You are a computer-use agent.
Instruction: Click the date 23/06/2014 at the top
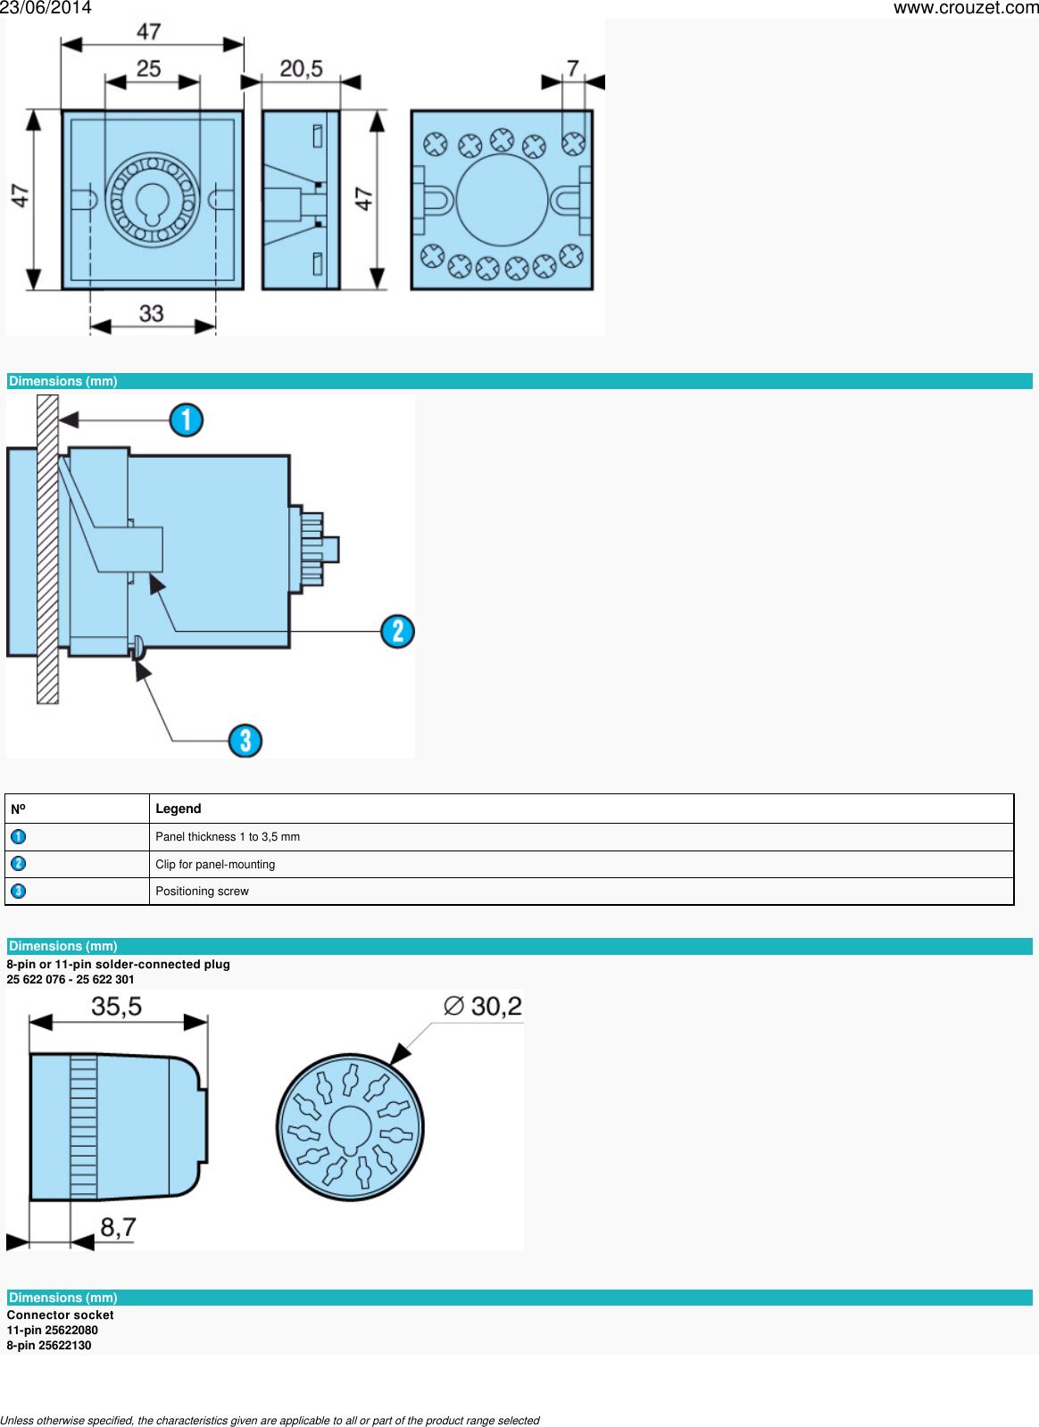point(46,8)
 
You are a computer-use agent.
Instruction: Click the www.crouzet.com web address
point(965,8)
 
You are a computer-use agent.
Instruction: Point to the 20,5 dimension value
point(301,69)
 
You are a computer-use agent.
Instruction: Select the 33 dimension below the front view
point(151,314)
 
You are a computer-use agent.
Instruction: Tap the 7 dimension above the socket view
point(573,68)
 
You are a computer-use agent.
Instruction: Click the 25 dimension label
point(148,69)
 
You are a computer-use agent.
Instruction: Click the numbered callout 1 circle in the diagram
point(187,419)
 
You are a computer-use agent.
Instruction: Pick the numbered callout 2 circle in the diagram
point(397,631)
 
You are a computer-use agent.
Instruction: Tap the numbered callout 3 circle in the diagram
point(245,740)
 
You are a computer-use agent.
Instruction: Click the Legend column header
point(179,809)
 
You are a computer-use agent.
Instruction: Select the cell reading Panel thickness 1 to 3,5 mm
point(228,837)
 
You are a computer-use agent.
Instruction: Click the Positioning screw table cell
point(202,892)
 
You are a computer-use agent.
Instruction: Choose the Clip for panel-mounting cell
point(215,865)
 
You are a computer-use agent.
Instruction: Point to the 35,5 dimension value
point(116,1007)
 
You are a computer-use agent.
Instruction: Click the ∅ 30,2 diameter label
point(483,1007)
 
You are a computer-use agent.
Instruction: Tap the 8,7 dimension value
point(118,1227)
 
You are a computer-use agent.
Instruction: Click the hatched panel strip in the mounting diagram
point(47,549)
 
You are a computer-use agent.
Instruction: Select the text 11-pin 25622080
point(52,1330)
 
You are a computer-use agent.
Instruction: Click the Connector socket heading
point(60,1315)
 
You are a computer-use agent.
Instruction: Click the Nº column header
point(18,809)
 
